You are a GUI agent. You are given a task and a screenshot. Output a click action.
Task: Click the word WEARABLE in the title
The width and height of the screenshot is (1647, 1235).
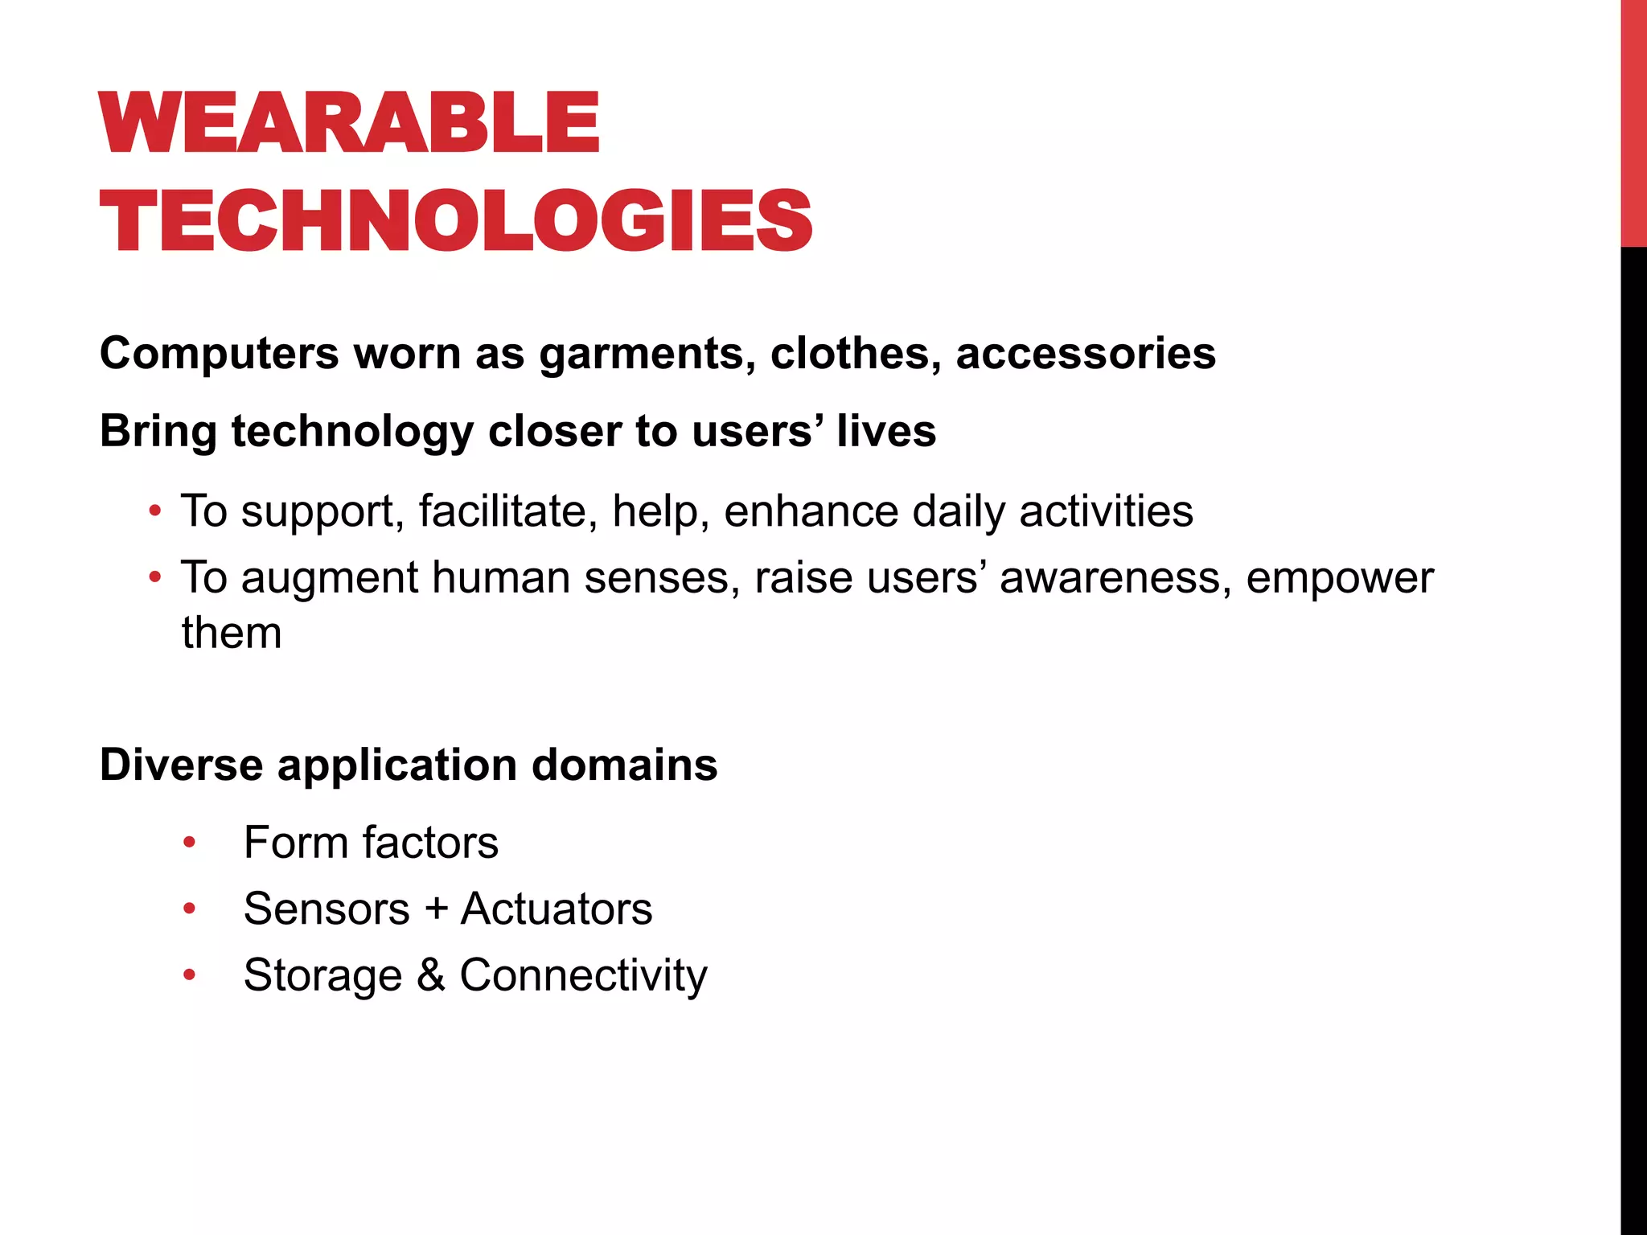[349, 122]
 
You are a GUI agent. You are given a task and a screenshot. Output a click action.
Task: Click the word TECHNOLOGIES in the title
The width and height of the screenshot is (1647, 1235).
[455, 221]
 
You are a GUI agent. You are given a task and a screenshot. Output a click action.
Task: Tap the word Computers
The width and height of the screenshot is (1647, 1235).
[220, 354]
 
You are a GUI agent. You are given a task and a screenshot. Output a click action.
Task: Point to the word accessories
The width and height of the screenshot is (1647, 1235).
[1086, 354]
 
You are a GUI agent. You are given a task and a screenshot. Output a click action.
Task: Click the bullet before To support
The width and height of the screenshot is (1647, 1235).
[155, 511]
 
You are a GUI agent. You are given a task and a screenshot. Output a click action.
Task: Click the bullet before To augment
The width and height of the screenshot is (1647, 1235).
[155, 577]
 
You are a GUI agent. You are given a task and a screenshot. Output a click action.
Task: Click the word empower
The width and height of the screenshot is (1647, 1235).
[1340, 577]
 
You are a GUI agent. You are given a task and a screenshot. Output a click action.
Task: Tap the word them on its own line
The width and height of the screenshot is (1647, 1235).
[232, 633]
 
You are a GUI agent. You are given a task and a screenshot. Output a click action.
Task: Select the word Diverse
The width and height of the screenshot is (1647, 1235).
[181, 765]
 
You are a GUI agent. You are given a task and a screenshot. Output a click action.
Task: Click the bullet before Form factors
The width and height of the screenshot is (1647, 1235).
[189, 843]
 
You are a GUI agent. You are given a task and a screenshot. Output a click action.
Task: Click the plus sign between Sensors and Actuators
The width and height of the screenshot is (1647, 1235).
[436, 909]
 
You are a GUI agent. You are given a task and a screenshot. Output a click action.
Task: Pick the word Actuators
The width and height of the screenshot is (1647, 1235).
[556, 909]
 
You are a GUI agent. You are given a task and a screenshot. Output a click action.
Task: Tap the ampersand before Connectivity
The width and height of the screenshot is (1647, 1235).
[430, 975]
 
